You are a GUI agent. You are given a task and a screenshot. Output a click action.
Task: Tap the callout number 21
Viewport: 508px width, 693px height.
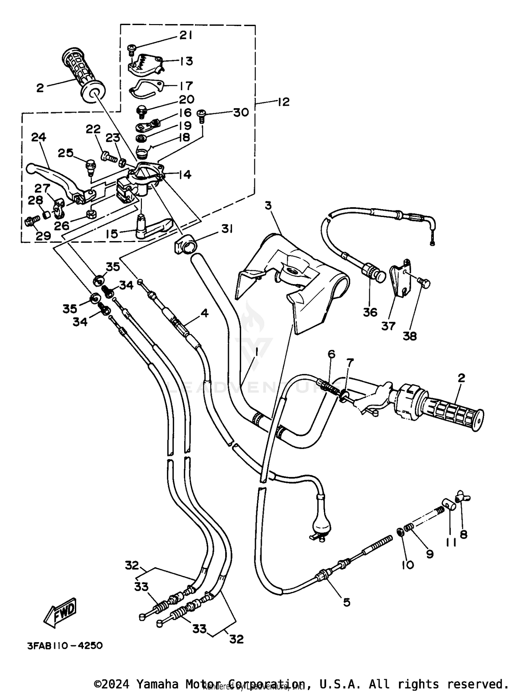pos(186,35)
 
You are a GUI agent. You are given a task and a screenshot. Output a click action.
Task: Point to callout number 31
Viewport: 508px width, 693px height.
pos(227,229)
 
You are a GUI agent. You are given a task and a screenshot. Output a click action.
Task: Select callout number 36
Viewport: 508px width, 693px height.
pos(370,312)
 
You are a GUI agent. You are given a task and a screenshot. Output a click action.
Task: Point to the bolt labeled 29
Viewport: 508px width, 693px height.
pos(31,222)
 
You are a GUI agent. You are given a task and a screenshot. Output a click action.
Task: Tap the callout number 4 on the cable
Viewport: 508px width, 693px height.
pos(204,313)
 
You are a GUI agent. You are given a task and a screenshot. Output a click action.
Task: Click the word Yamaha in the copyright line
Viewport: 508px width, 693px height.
pos(158,684)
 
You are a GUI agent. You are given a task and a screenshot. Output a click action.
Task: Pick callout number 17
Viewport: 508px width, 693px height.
pos(186,85)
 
